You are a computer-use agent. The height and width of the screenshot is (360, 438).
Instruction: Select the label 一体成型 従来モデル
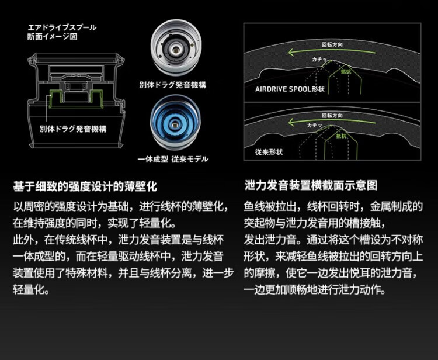(x=173, y=159)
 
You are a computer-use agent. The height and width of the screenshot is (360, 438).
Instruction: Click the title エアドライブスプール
(x=62, y=27)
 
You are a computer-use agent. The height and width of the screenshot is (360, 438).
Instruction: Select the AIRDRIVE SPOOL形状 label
(x=290, y=89)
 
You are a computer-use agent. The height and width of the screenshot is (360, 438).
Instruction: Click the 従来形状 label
(x=269, y=151)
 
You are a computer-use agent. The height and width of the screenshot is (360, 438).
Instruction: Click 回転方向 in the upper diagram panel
(x=332, y=44)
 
